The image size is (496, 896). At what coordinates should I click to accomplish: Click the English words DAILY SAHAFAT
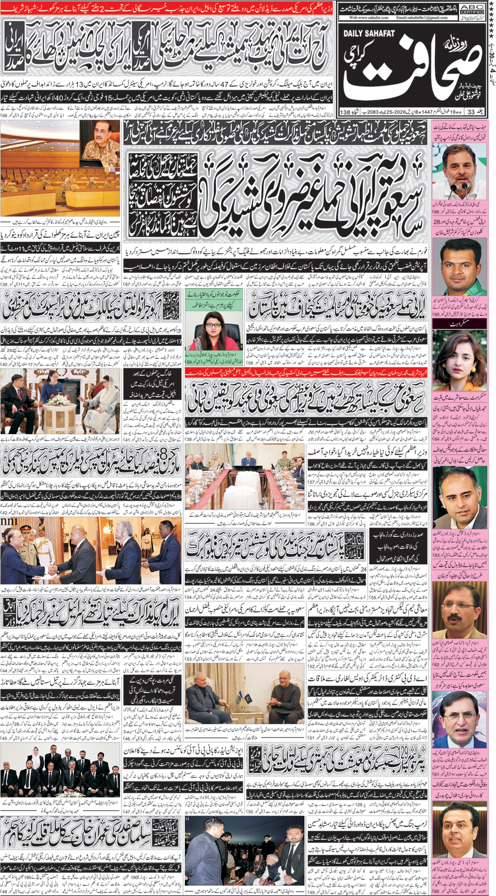click(369, 33)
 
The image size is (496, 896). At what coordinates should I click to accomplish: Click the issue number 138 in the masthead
click(345, 112)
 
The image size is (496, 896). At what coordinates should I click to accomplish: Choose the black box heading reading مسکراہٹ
click(459, 323)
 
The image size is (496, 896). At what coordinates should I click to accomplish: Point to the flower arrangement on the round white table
click(59, 399)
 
